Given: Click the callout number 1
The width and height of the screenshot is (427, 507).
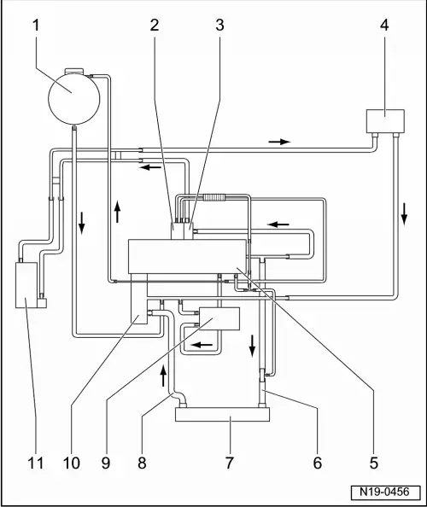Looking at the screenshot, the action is click(x=36, y=26).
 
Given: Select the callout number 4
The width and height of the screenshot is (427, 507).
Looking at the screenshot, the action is click(x=384, y=26).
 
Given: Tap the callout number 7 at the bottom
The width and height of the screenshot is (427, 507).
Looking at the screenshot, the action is click(x=230, y=463).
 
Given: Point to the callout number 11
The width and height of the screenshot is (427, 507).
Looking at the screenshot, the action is click(x=36, y=463).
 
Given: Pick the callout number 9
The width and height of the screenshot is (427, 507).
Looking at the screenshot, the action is click(x=106, y=463).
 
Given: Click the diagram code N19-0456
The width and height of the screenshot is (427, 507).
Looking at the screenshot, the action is click(x=386, y=492).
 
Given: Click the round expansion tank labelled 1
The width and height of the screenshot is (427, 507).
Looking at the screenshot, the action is click(x=73, y=99).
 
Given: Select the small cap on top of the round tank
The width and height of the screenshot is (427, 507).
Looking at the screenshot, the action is click(x=74, y=71).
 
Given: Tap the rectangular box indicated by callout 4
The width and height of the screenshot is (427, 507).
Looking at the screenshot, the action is click(x=385, y=121).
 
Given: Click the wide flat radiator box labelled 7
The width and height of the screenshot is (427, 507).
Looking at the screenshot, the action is click(x=222, y=414).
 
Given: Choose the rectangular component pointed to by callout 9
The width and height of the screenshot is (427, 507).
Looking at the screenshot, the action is click(x=219, y=319).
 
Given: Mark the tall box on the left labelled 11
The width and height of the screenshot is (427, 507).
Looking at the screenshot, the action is click(x=26, y=285).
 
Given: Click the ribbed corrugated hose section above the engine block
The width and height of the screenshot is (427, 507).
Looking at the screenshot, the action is click(x=213, y=197).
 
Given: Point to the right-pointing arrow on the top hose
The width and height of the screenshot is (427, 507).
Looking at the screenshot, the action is click(x=280, y=142).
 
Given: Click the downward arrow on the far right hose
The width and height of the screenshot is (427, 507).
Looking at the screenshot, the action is click(x=404, y=214).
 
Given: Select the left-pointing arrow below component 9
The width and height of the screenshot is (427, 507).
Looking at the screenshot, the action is click(x=202, y=344).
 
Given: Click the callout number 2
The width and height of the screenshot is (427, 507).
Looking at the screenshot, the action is click(x=155, y=26).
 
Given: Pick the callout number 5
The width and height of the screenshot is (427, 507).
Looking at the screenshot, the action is click(x=374, y=463).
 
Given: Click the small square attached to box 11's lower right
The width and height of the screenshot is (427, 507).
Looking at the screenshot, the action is click(x=42, y=303).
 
